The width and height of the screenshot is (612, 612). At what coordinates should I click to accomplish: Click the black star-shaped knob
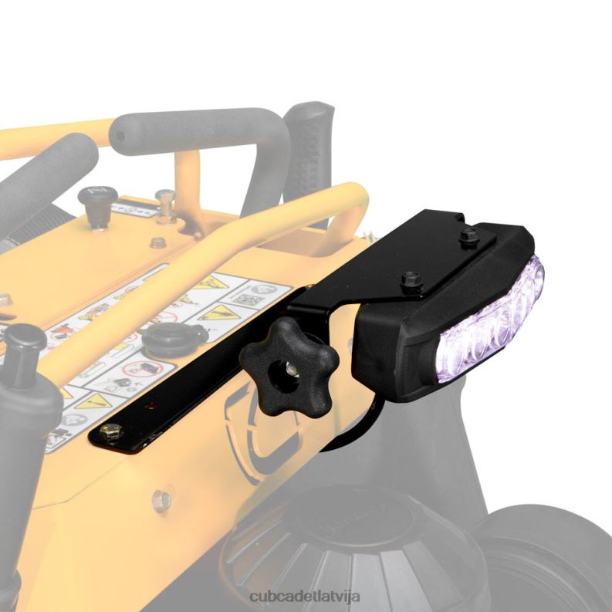point(287,362)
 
